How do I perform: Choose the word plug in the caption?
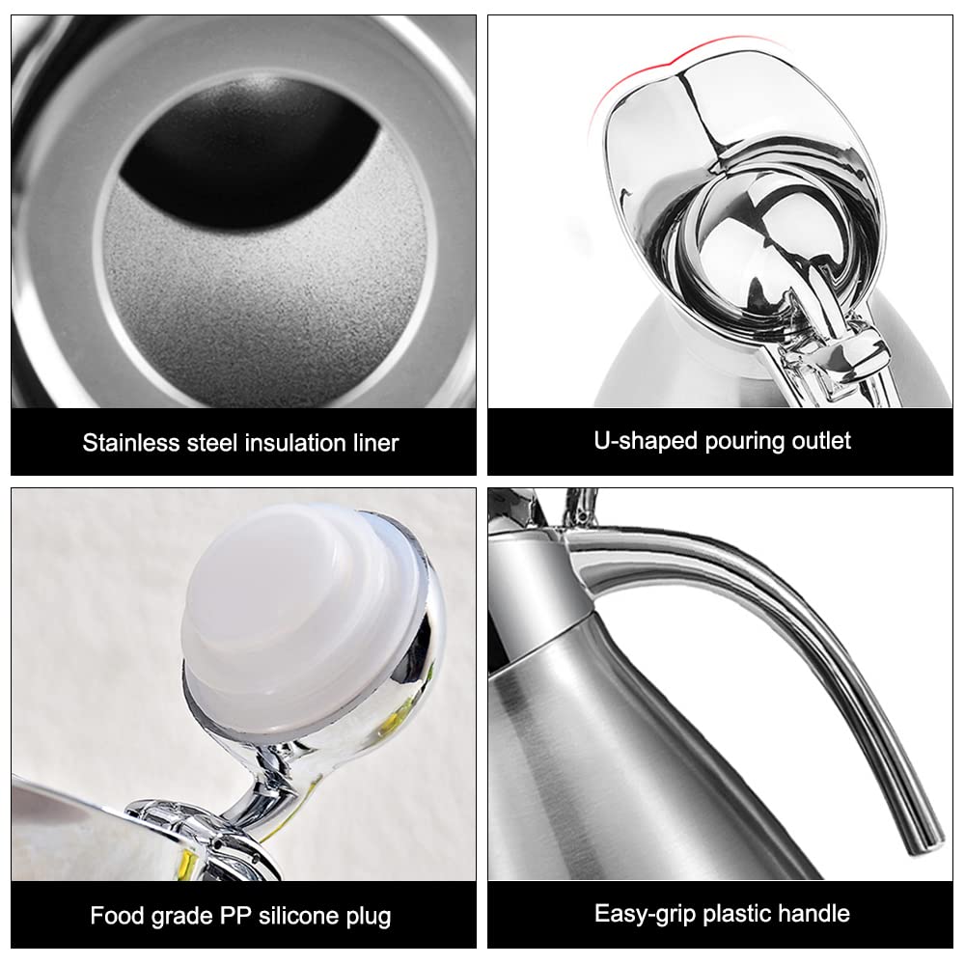369,916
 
